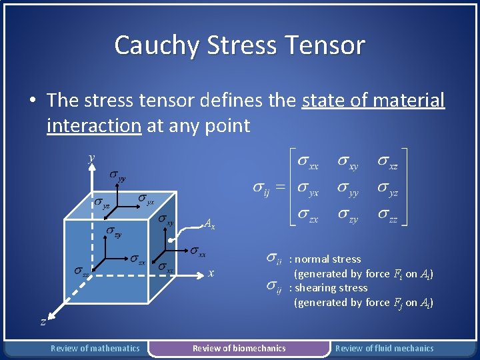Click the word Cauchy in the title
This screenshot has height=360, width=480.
pyautogui.click(x=157, y=45)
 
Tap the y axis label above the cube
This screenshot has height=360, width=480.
pyautogui.click(x=91, y=158)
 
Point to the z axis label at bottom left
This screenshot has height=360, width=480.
pyautogui.click(x=43, y=321)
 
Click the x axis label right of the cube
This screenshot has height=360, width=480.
pyautogui.click(x=211, y=273)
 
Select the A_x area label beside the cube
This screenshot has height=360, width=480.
pyautogui.click(x=209, y=225)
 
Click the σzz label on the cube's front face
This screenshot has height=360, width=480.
pyautogui.click(x=82, y=271)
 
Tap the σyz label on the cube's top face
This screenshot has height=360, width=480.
pyautogui.click(x=101, y=203)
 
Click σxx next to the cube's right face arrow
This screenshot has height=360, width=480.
pyautogui.click(x=197, y=251)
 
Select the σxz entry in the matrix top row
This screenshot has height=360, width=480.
pyautogui.click(x=388, y=161)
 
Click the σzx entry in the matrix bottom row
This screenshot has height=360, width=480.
pyautogui.click(x=307, y=217)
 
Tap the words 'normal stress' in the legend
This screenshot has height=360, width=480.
pyautogui.click(x=328, y=259)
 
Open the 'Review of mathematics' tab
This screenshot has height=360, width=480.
pyautogui.click(x=95, y=348)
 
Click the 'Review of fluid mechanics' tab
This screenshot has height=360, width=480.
pyautogui.click(x=384, y=348)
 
